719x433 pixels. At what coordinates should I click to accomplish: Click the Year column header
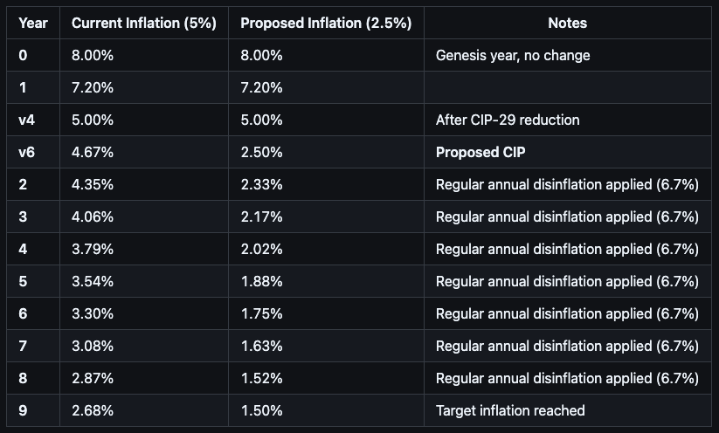point(33,24)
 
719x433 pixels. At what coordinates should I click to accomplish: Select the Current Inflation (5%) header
point(143,24)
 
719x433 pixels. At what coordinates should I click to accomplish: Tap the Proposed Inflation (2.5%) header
point(326,24)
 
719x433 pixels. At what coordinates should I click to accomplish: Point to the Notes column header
point(567,24)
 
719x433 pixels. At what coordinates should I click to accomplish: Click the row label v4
point(27,120)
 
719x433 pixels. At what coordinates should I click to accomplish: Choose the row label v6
point(27,152)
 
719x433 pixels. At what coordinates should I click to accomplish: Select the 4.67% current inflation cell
point(93,152)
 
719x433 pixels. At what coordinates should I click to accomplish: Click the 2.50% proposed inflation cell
point(261,152)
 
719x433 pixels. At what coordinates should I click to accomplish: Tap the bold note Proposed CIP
point(480,152)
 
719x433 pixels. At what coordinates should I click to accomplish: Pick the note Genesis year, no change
point(513,55)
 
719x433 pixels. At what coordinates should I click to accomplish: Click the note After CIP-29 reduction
point(508,120)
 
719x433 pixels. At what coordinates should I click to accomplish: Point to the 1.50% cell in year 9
point(261,410)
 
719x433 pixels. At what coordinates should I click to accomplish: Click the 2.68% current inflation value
point(93,410)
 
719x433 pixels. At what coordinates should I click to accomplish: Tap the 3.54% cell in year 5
point(93,281)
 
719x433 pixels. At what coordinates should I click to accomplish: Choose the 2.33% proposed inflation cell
point(261,184)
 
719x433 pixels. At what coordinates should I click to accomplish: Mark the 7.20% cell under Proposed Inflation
point(261,87)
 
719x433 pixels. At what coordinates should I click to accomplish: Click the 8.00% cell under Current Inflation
point(93,55)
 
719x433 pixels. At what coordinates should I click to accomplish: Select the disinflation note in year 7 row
point(567,346)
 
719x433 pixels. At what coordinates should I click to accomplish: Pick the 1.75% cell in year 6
point(261,313)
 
